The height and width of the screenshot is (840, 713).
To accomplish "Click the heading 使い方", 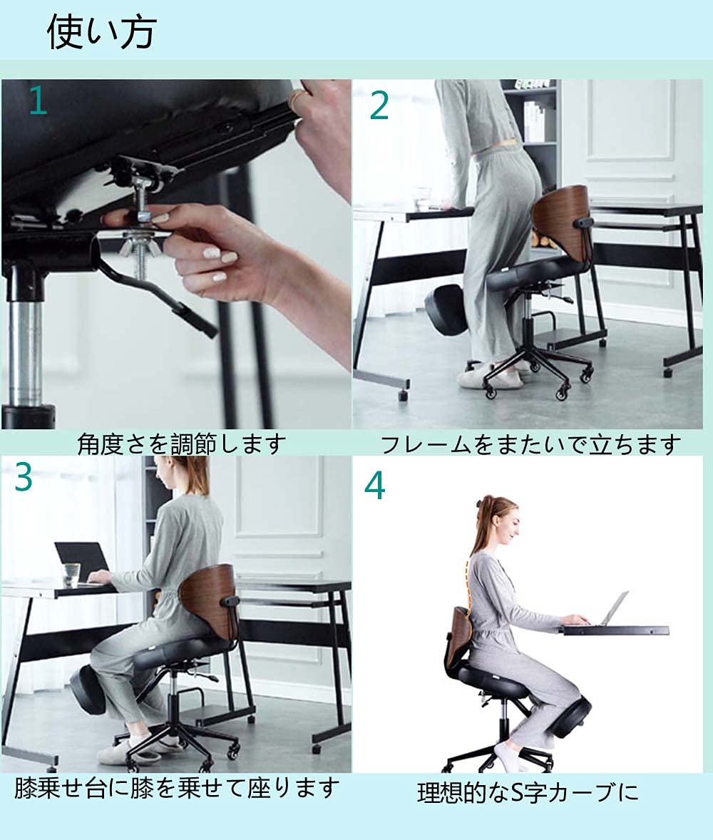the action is click(102, 32).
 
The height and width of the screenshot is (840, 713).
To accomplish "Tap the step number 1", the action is click(38, 101).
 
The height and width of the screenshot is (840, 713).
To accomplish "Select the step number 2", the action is click(379, 106).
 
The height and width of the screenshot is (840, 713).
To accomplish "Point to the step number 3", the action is click(24, 477).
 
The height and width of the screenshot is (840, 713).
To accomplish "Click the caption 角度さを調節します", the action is click(181, 444).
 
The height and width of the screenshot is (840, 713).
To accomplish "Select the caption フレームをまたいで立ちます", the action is click(530, 445).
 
